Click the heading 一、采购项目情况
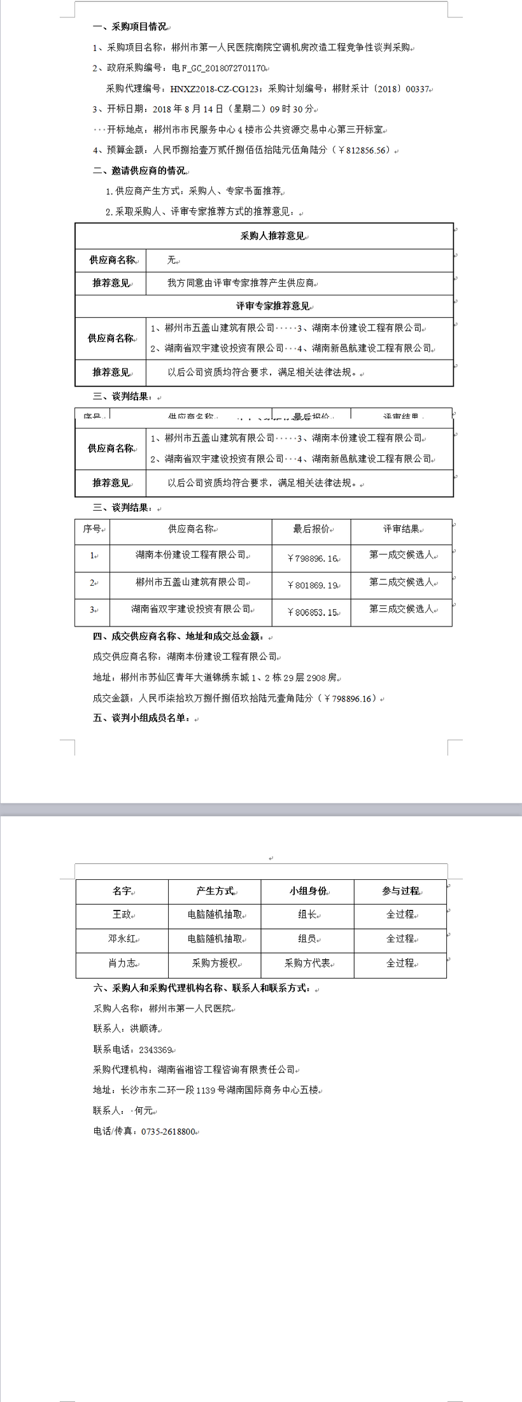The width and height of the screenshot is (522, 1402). coord(130,27)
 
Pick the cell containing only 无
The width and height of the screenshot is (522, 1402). coord(171,260)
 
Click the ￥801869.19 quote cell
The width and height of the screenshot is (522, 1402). coord(312,585)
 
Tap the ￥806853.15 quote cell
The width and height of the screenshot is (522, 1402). coord(312,612)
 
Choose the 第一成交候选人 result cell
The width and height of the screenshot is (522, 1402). coord(401,555)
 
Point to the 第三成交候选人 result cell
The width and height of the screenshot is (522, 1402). coord(401,609)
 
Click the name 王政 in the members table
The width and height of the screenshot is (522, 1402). coord(122,914)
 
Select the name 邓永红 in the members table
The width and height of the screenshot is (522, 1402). coord(122,938)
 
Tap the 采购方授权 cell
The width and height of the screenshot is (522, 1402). coord(215,963)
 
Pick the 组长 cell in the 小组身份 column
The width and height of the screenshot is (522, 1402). coord(307,914)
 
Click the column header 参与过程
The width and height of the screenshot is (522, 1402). coord(400,891)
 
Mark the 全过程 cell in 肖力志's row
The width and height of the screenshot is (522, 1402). coord(400,963)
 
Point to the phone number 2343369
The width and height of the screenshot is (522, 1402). coord(155,1050)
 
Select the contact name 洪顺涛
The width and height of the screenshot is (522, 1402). coord(144,1029)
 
